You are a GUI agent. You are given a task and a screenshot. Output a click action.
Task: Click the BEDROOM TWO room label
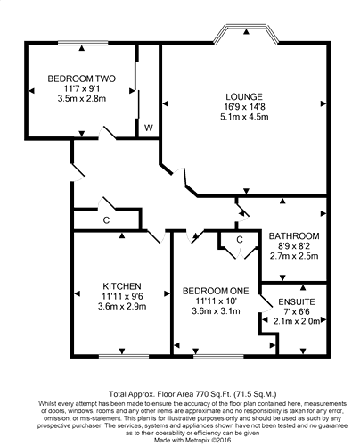tap(82, 78)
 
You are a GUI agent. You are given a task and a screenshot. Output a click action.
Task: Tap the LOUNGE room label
tap(244, 97)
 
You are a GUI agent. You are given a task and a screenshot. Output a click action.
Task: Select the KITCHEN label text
tap(122, 286)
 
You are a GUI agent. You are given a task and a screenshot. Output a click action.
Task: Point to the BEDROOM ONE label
tap(216, 291)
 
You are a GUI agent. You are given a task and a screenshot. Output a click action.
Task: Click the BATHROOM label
tap(294, 236)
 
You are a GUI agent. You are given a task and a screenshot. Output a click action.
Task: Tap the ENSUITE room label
tap(297, 302)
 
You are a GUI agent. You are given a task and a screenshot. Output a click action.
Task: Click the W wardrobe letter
tap(149, 128)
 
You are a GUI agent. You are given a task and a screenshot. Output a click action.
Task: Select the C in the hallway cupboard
tap(106, 220)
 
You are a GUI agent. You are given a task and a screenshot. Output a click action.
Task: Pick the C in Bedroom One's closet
tap(240, 240)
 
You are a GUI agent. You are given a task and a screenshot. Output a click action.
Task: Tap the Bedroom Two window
tap(83, 43)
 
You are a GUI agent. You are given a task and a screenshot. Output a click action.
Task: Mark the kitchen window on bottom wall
tap(124, 356)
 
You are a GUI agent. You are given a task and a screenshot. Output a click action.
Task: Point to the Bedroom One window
tap(218, 356)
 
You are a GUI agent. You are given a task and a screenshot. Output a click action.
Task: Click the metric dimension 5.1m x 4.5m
tap(244, 117)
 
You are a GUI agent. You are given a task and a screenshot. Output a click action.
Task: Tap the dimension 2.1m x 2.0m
tap(297, 321)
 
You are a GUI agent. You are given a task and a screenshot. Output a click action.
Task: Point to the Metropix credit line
tap(192, 440)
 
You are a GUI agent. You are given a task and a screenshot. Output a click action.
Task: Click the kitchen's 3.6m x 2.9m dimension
tap(122, 306)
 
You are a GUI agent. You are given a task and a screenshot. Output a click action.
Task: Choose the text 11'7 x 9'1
tap(82, 88)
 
